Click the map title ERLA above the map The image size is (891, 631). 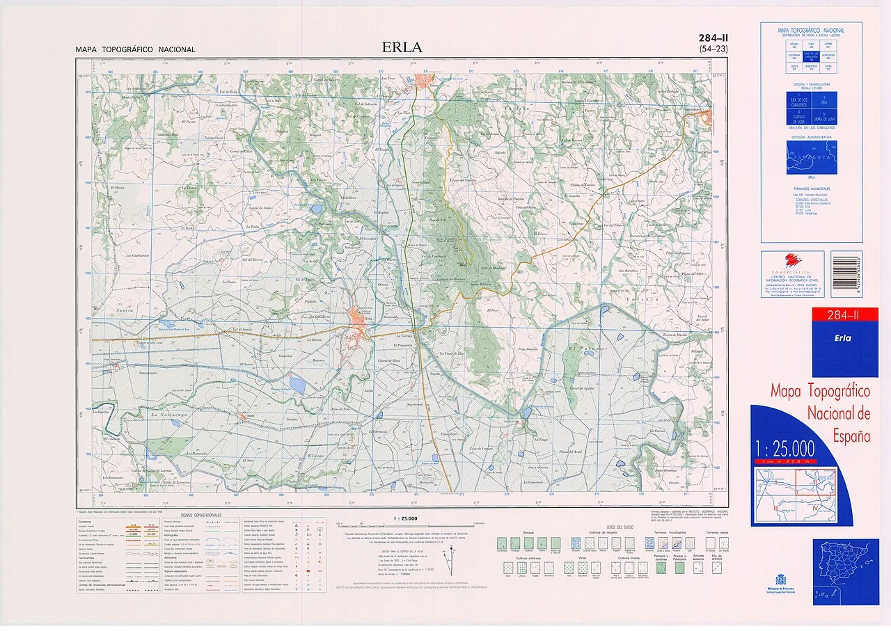point(402,48)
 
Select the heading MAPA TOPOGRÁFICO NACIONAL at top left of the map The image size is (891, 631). point(136,50)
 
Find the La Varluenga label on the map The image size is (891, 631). point(171,415)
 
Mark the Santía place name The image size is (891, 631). point(105,309)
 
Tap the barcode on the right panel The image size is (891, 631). point(846,274)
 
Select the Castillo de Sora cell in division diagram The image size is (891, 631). point(795,116)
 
